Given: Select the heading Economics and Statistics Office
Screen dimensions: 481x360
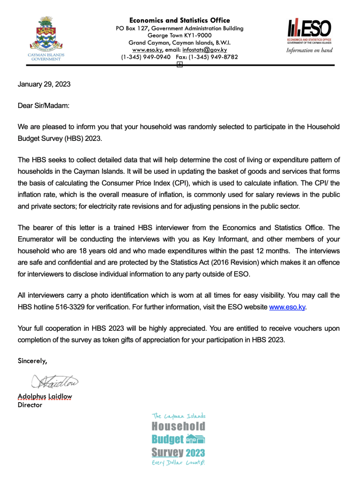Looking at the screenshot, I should (x=180, y=20).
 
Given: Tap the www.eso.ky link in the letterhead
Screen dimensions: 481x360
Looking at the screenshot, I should (x=148, y=49).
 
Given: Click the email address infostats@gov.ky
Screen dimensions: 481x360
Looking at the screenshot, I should (x=205, y=49).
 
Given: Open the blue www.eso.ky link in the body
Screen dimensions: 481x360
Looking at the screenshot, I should (x=287, y=307).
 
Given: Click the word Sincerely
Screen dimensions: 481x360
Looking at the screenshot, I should (x=32, y=361).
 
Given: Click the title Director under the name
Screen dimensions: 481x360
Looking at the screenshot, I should (x=30, y=404).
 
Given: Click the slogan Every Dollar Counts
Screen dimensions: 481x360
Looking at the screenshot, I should (x=179, y=463).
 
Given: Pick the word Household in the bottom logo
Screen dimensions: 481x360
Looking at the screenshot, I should (x=179, y=427).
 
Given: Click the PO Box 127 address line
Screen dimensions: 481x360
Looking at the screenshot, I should (x=180, y=28).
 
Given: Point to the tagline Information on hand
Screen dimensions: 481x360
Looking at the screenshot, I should (x=309, y=50).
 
